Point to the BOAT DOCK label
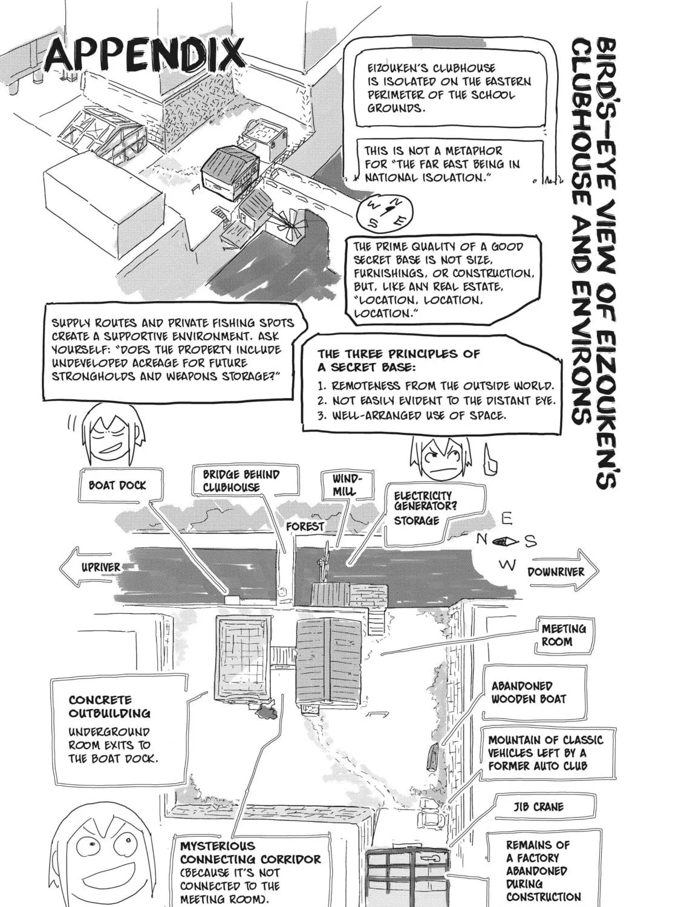point(117,485)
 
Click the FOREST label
point(305,527)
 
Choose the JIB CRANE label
point(538,807)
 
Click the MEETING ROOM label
point(563,636)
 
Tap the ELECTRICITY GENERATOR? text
point(425,501)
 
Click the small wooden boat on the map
point(432,756)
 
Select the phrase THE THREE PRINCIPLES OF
point(399,354)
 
